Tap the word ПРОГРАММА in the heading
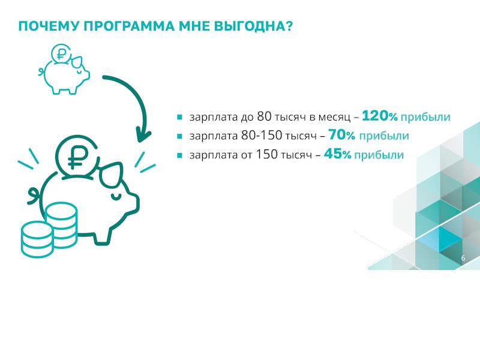pos(129,26)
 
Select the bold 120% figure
pos(380,116)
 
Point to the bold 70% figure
pos(341,134)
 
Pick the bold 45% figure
pos(337,154)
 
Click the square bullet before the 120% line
pos(179,117)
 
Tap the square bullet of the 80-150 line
pos(179,136)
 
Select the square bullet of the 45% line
pos(179,155)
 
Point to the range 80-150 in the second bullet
pos(262,136)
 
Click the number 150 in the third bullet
pos(266,154)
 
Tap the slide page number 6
pos(463,258)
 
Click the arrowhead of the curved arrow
pos(142,136)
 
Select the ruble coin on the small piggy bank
pos(61,53)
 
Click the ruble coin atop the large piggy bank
pos(77,157)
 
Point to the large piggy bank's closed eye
pos(116,196)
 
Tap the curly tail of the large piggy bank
pos(34,196)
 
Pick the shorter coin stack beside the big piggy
pos(37,239)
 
